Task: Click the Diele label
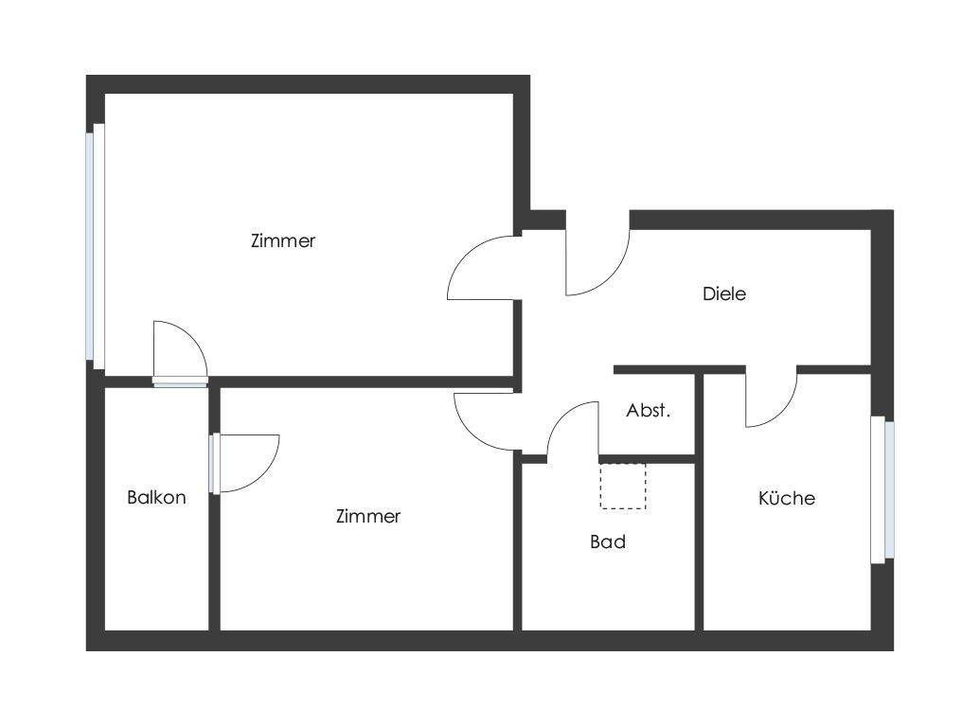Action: tap(724, 293)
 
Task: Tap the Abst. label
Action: tap(649, 411)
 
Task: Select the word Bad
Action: tap(608, 542)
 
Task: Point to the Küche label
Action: tap(787, 498)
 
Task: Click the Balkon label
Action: tap(156, 497)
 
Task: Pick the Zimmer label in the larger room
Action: tap(283, 240)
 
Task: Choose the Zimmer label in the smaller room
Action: tap(368, 516)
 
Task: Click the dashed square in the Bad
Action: tap(623, 486)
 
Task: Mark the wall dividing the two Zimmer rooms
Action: tap(360, 382)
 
